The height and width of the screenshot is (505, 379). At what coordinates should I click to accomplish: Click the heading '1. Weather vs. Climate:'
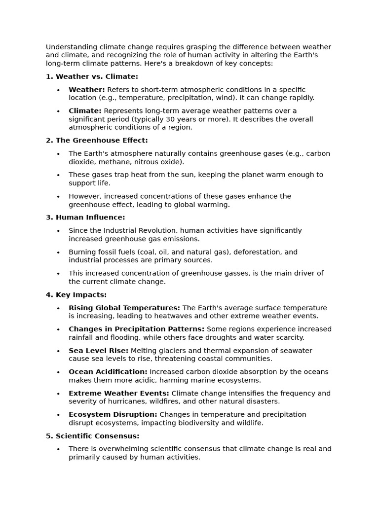[x=92, y=76]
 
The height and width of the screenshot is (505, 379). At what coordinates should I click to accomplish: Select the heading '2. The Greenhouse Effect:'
[x=97, y=141]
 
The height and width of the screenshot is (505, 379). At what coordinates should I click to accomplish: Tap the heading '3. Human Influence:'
[x=85, y=217]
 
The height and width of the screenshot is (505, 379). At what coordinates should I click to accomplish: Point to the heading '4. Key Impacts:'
[x=76, y=295]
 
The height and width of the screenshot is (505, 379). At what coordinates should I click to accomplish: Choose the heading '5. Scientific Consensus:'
[x=93, y=436]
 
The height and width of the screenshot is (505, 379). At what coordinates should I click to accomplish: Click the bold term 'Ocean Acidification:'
[x=108, y=372]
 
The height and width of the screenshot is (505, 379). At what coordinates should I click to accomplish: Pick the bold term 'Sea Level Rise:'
[x=98, y=351]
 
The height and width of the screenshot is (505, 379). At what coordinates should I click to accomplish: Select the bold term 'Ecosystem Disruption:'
[x=113, y=415]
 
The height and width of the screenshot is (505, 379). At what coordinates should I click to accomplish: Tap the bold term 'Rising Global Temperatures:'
[x=124, y=308]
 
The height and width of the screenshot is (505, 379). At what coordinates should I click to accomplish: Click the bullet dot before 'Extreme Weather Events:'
[x=58, y=394]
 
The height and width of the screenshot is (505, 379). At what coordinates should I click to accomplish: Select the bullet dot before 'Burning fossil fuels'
[x=58, y=252]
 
